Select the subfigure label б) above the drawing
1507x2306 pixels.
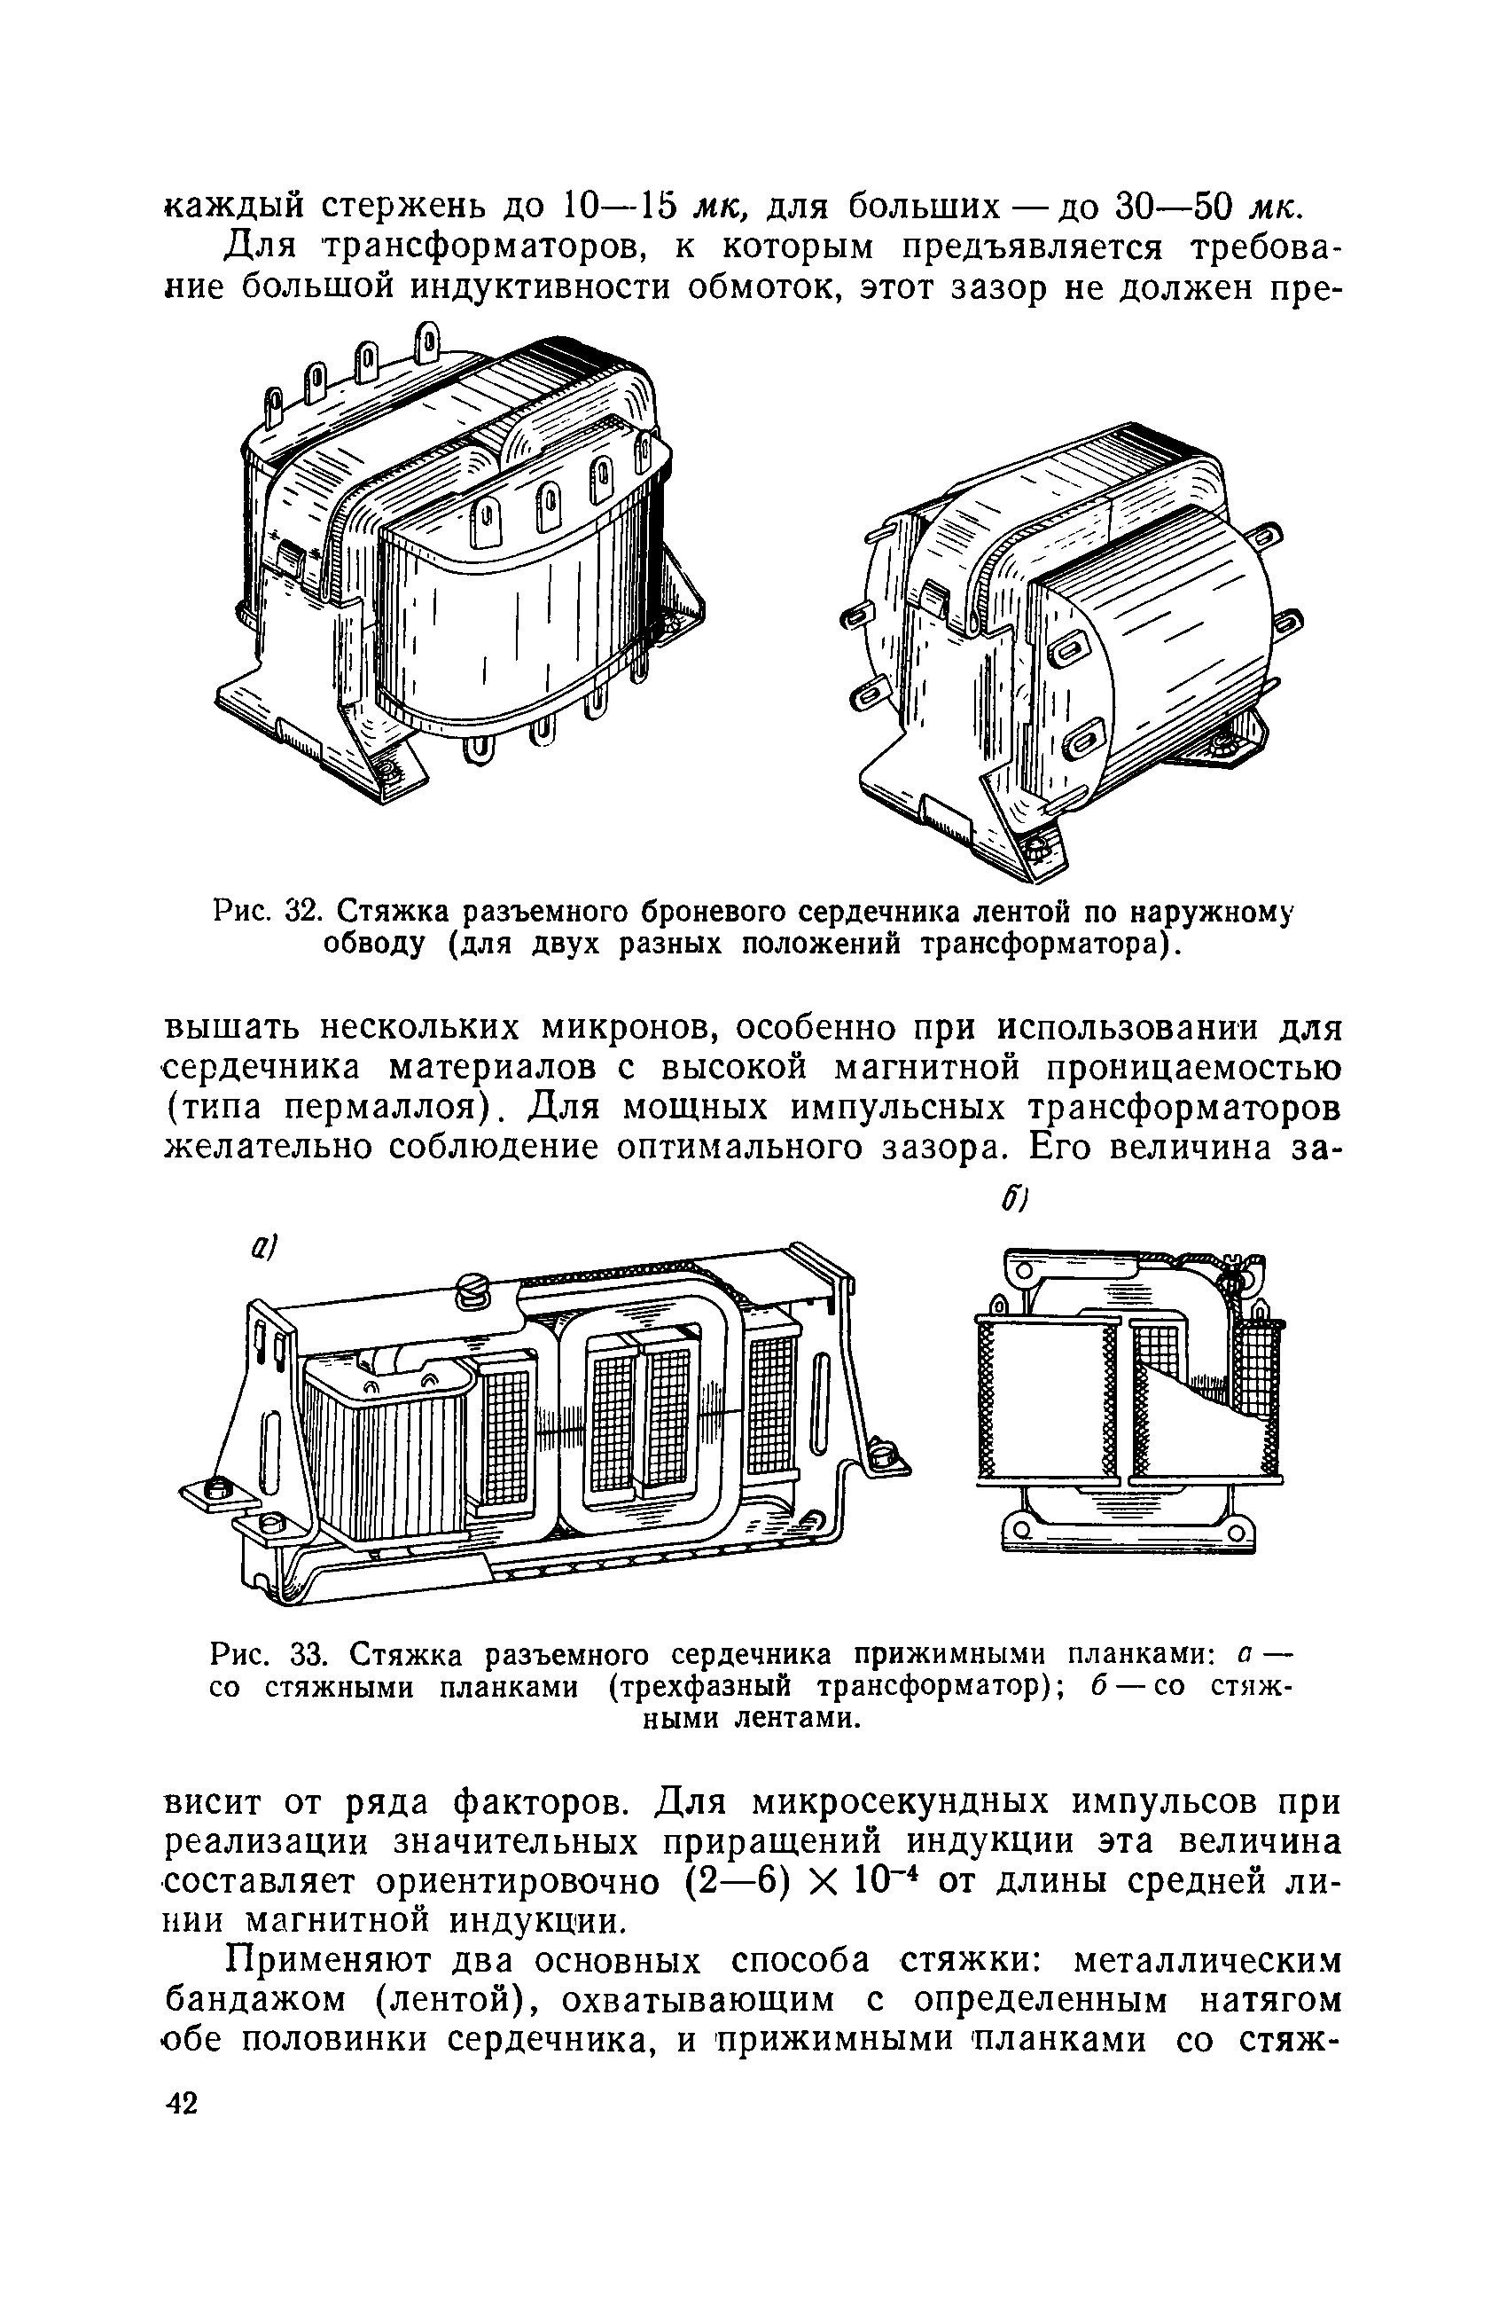point(1013,1201)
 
